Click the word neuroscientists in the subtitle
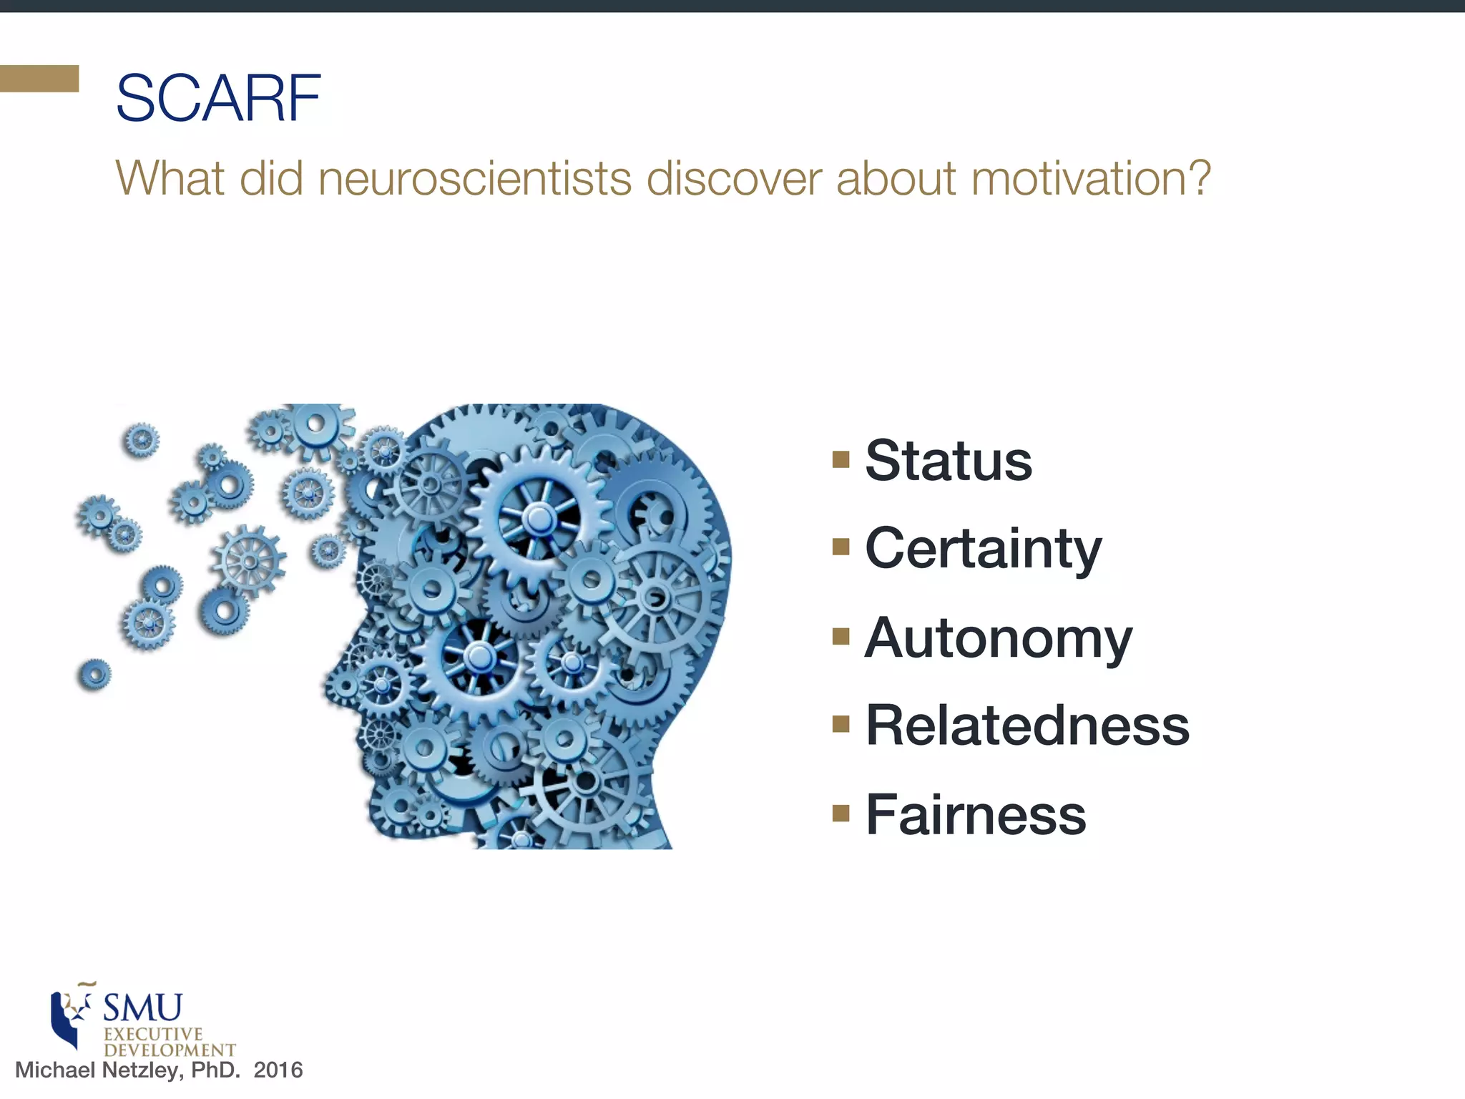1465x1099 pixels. pos(474,178)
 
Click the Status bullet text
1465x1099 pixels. pos(949,460)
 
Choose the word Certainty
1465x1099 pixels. pos(983,549)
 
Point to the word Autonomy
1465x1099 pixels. pos(999,638)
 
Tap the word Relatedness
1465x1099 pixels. pos(1027,726)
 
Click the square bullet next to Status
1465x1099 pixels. pos(841,459)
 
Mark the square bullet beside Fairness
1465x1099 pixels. pos(841,814)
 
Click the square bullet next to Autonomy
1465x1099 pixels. pos(841,636)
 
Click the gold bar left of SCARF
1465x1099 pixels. pos(39,79)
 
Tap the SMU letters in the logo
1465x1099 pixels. pos(143,1007)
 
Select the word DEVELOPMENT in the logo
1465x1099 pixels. pos(170,1050)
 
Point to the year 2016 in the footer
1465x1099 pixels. pos(278,1070)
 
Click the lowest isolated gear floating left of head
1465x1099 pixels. pos(94,674)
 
